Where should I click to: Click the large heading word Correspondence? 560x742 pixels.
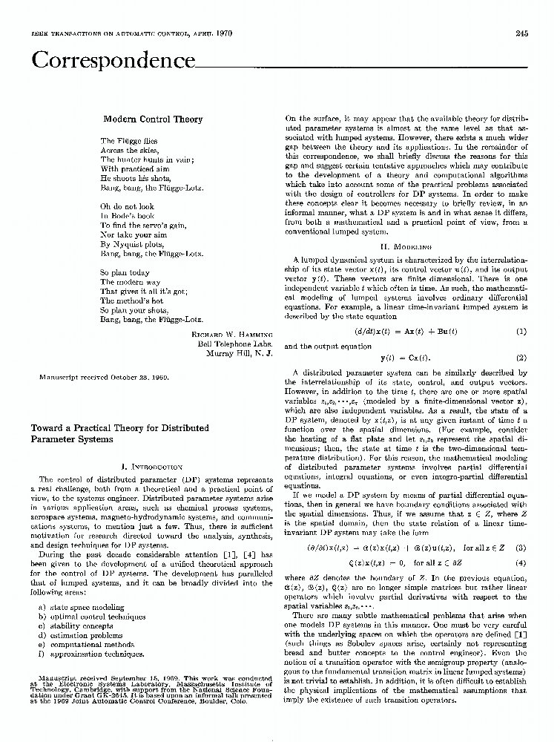(112, 60)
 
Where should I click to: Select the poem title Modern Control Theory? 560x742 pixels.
(152, 119)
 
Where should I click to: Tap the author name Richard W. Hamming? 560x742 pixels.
(231, 335)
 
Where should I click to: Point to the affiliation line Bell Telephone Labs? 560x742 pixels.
(235, 344)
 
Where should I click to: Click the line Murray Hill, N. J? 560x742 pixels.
(241, 354)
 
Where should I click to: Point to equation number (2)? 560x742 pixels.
(521, 357)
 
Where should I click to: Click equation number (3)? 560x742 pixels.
(521, 528)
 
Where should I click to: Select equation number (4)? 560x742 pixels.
(521, 542)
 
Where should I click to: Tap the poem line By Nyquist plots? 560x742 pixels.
(131, 243)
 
